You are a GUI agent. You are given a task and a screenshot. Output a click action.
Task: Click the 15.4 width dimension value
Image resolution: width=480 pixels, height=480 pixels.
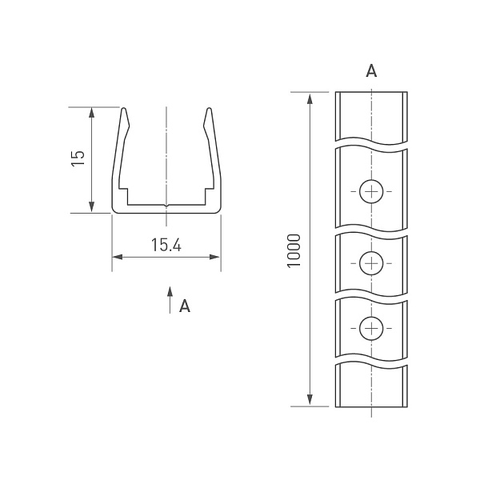point(166,246)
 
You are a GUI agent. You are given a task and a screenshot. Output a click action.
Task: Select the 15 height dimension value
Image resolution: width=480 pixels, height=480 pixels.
point(78,158)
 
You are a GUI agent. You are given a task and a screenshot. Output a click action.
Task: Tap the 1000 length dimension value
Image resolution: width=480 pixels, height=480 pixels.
point(294,250)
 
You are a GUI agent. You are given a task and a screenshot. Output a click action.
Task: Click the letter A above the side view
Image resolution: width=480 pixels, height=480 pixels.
point(371,70)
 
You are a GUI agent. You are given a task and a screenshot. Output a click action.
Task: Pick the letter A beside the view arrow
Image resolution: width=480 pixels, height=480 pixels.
point(185,306)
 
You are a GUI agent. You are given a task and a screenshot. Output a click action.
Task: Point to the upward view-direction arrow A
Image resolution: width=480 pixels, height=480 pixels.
point(170,300)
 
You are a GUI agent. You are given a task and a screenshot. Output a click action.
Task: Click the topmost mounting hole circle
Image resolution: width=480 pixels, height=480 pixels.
point(371,192)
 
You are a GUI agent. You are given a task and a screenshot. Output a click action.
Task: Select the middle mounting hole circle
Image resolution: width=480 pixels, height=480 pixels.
point(371,263)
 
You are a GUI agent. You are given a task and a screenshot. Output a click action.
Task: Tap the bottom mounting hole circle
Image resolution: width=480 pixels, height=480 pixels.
point(371,329)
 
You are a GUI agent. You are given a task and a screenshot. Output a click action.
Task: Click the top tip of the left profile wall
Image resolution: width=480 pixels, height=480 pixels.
point(124,108)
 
